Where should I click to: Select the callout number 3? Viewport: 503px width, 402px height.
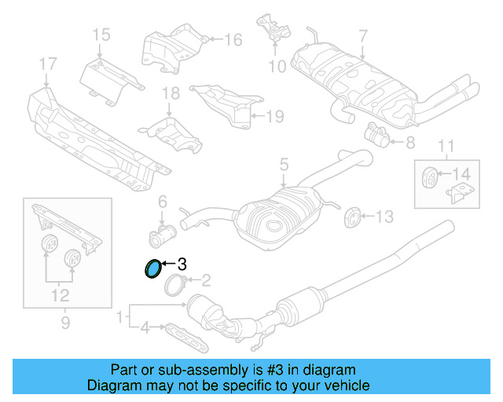[182, 264]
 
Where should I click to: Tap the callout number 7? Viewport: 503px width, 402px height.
[362, 35]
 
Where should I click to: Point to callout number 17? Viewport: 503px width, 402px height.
[47, 63]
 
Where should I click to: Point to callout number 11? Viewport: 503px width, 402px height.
[446, 144]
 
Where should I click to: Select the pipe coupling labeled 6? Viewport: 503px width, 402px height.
[163, 232]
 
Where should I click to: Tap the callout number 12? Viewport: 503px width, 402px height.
[61, 295]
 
